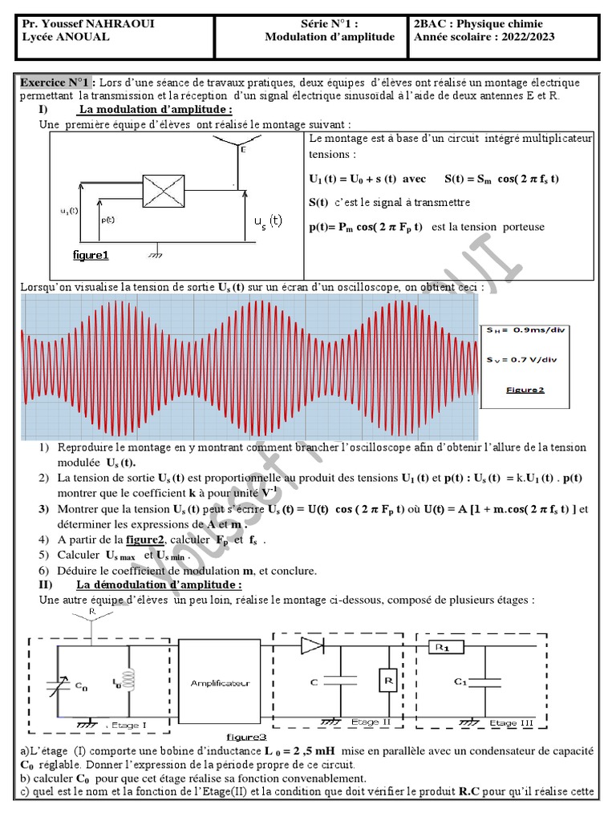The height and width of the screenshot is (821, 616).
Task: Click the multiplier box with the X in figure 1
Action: click(164, 192)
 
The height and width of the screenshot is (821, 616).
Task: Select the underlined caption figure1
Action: click(90, 255)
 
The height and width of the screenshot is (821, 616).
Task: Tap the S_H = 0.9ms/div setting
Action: click(524, 330)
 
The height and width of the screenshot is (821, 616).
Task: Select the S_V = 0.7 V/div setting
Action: click(524, 361)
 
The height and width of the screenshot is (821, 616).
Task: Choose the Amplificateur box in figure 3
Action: click(221, 683)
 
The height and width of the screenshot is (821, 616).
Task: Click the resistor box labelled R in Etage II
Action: click(387, 681)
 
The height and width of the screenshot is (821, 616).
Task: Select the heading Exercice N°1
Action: click(56, 83)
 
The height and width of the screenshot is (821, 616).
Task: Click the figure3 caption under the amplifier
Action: click(246, 737)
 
